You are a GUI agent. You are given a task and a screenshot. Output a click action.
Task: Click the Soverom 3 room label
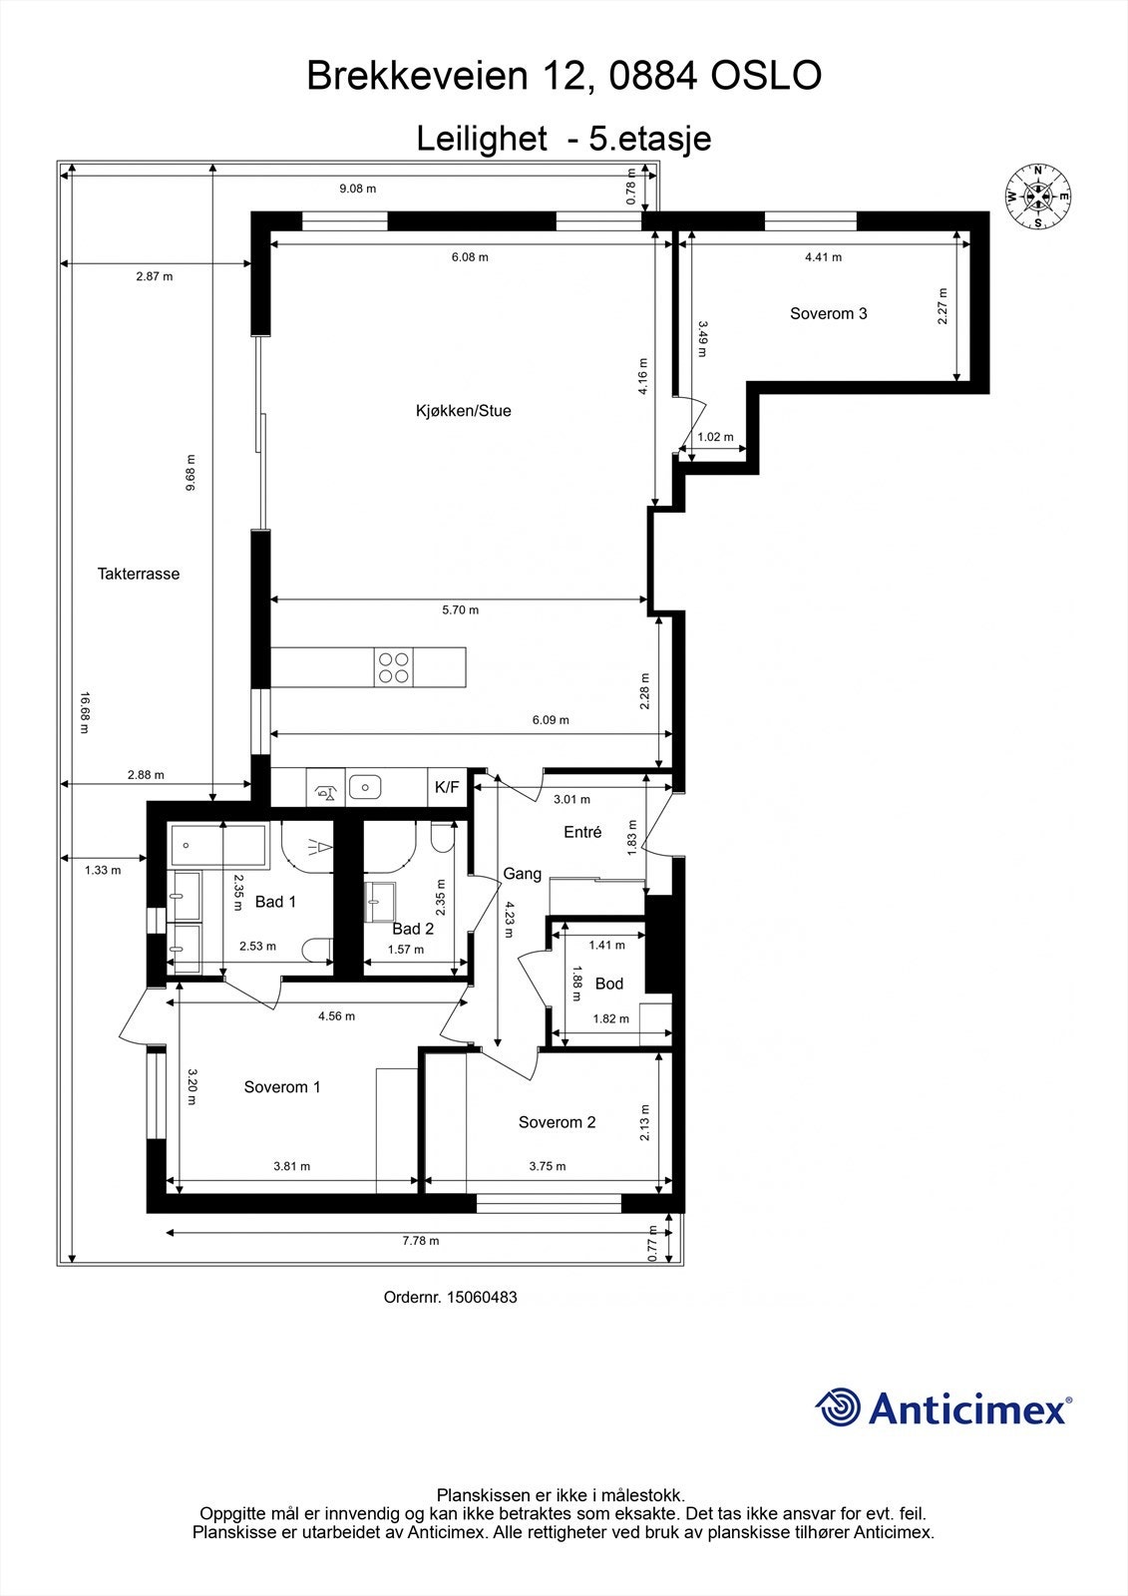[x=828, y=313]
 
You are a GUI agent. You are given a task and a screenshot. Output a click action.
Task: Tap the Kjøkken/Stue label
[x=463, y=411]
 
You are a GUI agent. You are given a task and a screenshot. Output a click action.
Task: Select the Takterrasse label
[x=139, y=574]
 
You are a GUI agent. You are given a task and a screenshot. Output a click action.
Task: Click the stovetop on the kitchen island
[x=393, y=666]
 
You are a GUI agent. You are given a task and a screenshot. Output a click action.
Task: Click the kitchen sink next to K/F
[x=366, y=788]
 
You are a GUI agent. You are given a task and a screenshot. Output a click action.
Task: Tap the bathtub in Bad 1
[x=218, y=846]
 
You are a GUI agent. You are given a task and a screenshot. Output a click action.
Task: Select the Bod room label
[x=608, y=984]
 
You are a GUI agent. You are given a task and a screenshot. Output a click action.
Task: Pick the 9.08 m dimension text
[x=358, y=189]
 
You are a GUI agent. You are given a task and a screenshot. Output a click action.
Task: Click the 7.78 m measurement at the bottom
[x=420, y=1241]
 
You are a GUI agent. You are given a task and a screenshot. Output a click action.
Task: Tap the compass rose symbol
[x=1037, y=197]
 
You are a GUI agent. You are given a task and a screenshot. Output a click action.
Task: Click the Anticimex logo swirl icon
[x=838, y=1407]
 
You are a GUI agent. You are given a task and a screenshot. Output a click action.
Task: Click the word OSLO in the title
[x=766, y=76]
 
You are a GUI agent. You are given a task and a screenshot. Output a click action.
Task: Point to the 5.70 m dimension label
[x=460, y=609]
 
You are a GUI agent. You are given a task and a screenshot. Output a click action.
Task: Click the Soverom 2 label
[x=557, y=1122]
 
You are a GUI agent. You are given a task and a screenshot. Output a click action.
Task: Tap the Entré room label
[x=582, y=832]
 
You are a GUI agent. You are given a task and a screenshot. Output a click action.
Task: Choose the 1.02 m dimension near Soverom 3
[x=715, y=437]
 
